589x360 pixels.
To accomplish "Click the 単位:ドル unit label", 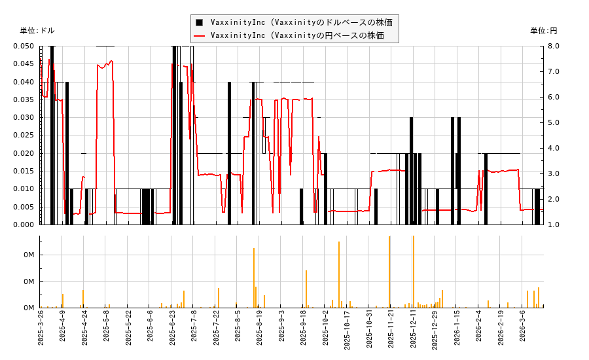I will click(x=37, y=31).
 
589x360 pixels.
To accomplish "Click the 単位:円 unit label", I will click(x=544, y=31).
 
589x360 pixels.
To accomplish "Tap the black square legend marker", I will click(x=199, y=22).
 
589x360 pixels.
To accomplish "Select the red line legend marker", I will click(x=199, y=35).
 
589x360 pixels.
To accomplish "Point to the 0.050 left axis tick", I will click(x=24, y=46).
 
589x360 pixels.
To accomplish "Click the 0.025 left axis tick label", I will click(x=24, y=135).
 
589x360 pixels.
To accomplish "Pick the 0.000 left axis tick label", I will click(x=24, y=225).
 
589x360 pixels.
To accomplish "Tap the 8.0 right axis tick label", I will click(x=553, y=46).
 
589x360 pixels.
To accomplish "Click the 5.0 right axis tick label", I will click(x=553, y=122).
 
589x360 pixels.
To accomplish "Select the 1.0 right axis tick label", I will click(x=553, y=225).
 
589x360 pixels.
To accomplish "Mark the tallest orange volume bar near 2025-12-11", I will click(x=413, y=272).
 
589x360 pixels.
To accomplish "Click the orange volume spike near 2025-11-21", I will click(x=389, y=272).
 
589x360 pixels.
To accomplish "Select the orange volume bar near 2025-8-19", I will click(x=254, y=278).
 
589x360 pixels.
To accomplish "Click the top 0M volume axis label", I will click(x=29, y=255).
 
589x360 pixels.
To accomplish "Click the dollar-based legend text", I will click(x=302, y=22).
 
